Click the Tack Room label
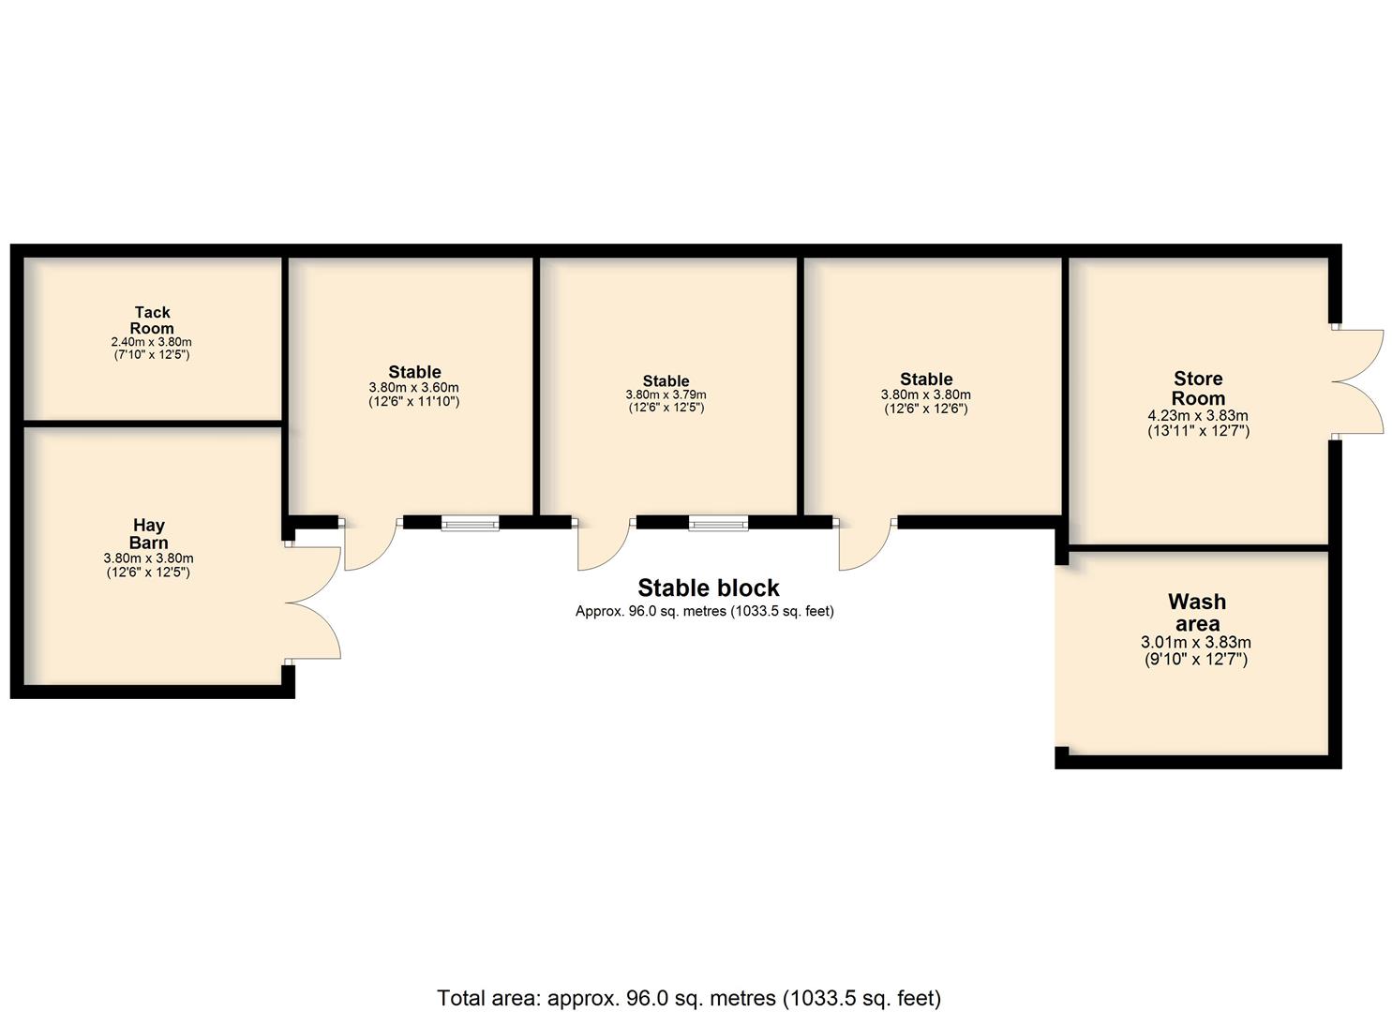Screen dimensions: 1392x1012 [152, 320]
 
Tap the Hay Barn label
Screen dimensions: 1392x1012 [148, 534]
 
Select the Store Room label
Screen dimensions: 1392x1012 [1198, 388]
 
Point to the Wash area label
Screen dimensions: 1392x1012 [1197, 612]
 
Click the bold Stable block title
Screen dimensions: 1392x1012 [709, 588]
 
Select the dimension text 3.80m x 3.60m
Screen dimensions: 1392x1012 [414, 388]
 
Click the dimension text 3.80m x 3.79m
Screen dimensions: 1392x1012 [666, 394]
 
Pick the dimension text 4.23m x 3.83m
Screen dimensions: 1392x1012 [1198, 416]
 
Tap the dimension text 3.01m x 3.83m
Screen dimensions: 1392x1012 [1196, 643]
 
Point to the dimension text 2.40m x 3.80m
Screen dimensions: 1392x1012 [152, 342]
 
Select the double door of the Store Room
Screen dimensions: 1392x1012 [1357, 381]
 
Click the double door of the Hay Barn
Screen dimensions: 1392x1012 [314, 603]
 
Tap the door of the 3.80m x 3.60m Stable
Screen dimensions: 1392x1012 [370, 543]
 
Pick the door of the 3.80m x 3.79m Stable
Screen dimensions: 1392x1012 [604, 543]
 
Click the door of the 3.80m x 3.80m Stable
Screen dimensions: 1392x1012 [865, 543]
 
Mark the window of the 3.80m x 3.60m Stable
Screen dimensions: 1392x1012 [470, 524]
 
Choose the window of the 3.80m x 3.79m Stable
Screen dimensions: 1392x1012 [718, 524]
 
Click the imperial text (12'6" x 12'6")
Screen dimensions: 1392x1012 [926, 409]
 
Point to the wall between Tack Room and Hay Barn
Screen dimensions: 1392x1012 [153, 424]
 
